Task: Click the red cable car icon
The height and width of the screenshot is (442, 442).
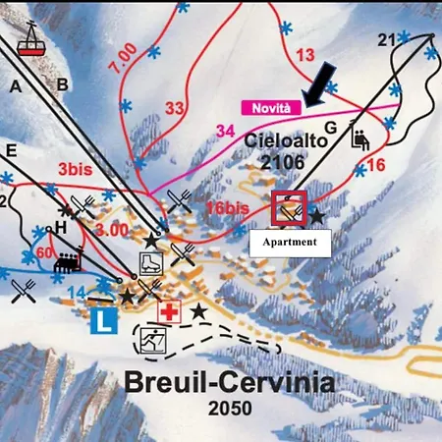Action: pyautogui.click(x=30, y=44)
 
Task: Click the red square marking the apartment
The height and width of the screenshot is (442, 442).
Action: pyautogui.click(x=290, y=209)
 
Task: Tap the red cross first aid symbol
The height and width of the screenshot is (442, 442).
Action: pyautogui.click(x=170, y=312)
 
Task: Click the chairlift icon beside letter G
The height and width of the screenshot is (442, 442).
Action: pyautogui.click(x=359, y=139)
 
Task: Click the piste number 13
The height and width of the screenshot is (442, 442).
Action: pyautogui.click(x=305, y=55)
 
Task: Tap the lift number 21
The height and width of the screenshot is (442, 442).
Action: pyautogui.click(x=386, y=39)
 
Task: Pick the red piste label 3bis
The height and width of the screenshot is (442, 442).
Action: pyautogui.click(x=76, y=169)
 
